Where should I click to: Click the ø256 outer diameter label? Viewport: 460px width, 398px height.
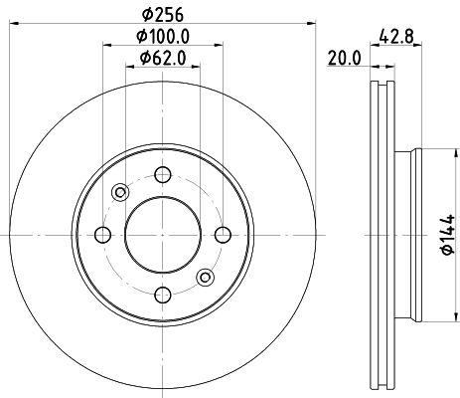tap(160, 13)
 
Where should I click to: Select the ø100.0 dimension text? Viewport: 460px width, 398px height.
tap(160, 37)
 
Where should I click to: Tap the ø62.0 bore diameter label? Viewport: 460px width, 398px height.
tap(160, 58)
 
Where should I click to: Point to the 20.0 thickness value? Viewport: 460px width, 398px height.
tap(343, 59)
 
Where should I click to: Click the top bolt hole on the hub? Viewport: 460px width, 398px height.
tap(160, 176)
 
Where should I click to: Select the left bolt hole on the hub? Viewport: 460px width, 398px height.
tap(102, 235)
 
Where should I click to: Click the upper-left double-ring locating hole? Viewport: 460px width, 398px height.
tap(120, 193)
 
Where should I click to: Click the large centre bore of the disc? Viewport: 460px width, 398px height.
tap(160, 235)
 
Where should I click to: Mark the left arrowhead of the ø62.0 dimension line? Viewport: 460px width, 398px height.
tap(128, 69)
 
